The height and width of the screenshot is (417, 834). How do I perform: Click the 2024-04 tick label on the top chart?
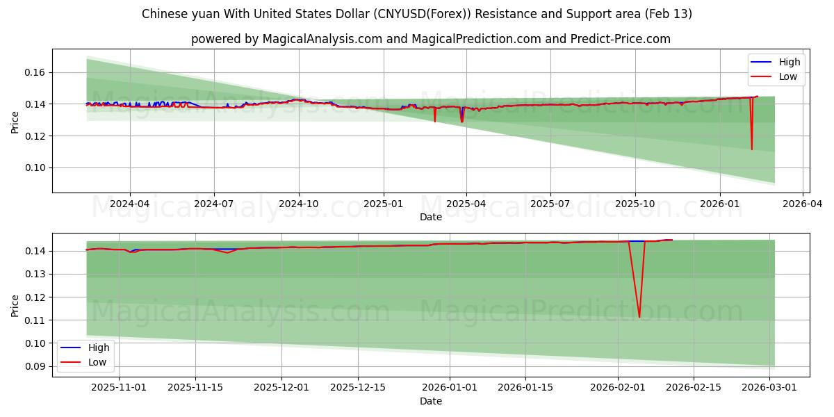130,204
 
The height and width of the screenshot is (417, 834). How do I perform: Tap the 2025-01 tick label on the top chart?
384,204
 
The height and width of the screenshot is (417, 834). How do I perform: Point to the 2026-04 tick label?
803,204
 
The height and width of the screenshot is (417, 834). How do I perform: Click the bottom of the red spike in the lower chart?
639,317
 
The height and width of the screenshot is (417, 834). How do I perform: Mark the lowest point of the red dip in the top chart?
751,149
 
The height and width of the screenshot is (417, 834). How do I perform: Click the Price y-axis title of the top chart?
15,122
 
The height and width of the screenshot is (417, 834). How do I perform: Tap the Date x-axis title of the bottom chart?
430,401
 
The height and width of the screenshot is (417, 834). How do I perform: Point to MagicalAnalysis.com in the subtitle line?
322,39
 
